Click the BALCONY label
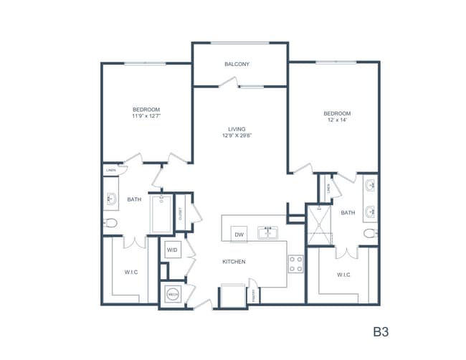point(237,65)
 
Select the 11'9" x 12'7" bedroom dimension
point(146,115)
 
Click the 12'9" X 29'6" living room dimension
point(237,135)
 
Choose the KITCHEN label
point(234,262)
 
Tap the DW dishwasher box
point(239,233)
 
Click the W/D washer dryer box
point(172,250)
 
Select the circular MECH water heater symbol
point(173,293)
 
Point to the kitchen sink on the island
point(268,232)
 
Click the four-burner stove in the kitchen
point(295,264)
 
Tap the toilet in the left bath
point(110,223)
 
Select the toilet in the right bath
point(370,233)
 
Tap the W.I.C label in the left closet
point(130,271)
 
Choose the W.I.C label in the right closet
point(344,275)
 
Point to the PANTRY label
point(254,295)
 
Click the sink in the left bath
point(111,199)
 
